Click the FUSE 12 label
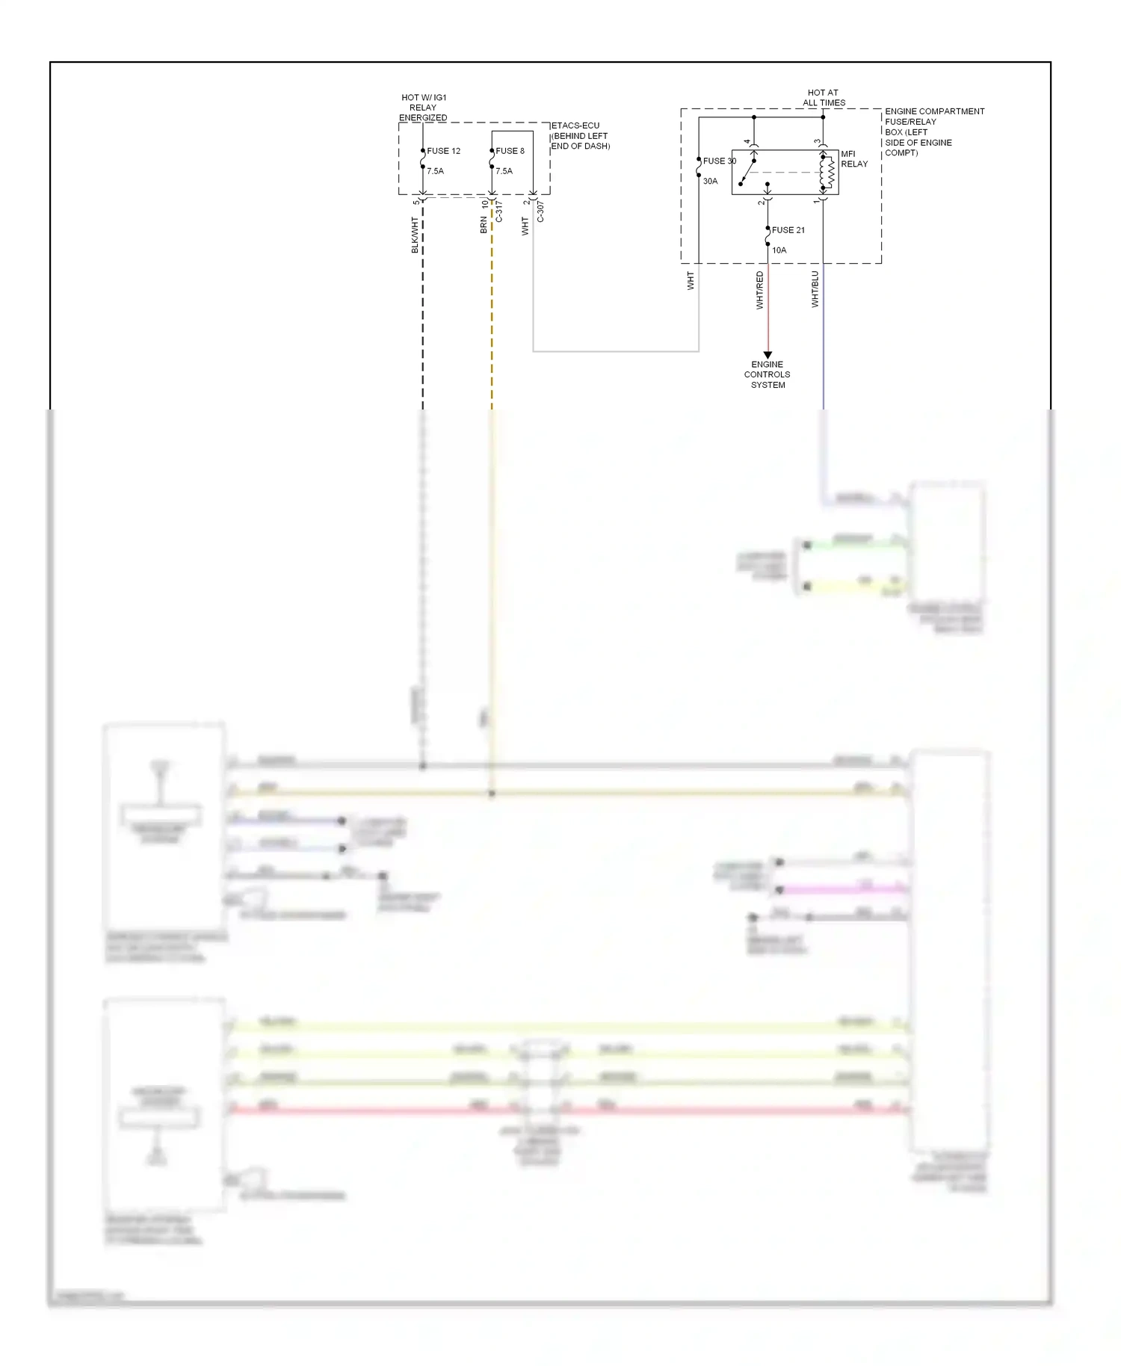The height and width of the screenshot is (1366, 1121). coord(443,151)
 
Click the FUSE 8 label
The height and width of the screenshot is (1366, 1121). coord(510,151)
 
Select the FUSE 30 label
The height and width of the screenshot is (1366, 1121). coord(719,161)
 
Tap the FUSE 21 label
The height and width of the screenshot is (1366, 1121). coord(788,230)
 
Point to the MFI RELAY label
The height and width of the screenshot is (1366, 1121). coord(853,158)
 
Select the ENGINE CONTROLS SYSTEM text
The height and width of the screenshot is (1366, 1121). coord(768,374)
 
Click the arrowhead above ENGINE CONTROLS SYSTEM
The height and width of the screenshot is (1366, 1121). coord(768,356)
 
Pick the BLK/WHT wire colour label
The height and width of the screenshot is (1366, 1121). coord(415,235)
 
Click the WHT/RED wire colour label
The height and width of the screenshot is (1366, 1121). coord(759,290)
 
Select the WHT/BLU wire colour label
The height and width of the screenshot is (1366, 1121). coord(815,289)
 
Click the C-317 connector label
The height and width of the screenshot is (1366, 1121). coord(499,211)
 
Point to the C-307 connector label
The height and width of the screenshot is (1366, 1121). coord(540,211)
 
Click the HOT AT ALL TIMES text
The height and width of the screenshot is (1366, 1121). coord(824,98)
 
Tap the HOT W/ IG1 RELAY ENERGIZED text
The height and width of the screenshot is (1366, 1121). coord(423,108)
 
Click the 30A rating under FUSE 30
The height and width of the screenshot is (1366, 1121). coord(710,181)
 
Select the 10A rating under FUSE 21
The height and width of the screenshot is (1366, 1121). coord(779,250)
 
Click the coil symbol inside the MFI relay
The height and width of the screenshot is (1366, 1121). coord(828,173)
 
